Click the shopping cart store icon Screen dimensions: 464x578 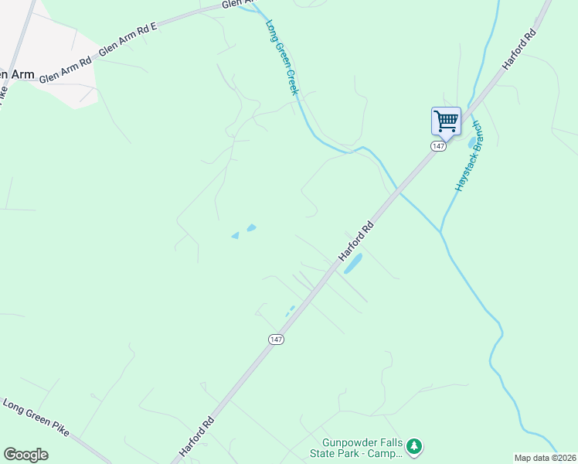(446, 121)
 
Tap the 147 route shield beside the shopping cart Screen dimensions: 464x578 (437, 146)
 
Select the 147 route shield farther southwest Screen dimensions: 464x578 (276, 339)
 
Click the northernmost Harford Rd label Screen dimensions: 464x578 (518, 50)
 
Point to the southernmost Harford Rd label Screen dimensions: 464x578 (196, 436)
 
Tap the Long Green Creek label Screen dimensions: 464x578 (281, 58)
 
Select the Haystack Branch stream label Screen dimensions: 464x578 (468, 156)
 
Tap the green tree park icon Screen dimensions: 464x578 (415, 446)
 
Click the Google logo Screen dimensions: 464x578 (25, 454)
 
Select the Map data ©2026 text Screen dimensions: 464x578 (546, 458)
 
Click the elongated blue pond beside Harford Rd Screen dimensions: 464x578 (352, 264)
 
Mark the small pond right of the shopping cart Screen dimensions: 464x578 (472, 142)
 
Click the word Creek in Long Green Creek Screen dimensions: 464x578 (290, 78)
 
